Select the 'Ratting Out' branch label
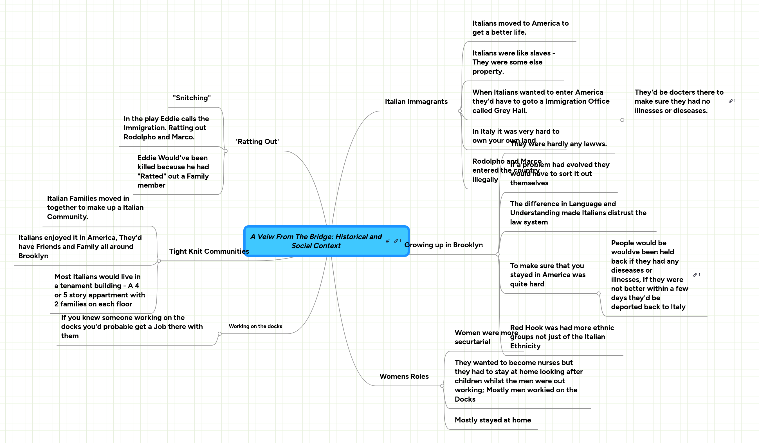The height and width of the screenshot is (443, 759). tap(257, 141)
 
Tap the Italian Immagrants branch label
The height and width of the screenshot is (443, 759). tap(416, 102)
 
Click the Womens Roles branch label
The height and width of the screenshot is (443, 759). tap(404, 376)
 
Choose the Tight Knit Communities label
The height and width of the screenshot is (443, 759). tap(209, 251)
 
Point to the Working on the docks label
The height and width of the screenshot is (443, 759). tap(255, 326)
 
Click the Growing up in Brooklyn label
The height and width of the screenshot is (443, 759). tap(443, 245)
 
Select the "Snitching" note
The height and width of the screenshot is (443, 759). tap(192, 98)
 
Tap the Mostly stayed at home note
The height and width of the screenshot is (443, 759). tap(493, 420)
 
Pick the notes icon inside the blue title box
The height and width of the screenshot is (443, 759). tap(388, 241)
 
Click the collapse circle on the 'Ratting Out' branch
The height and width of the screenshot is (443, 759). tap(226, 151)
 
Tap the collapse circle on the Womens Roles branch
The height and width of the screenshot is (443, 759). tap(442, 386)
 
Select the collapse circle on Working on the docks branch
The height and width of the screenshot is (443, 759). tap(220, 334)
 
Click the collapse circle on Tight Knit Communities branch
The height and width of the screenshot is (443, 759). tap(159, 261)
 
